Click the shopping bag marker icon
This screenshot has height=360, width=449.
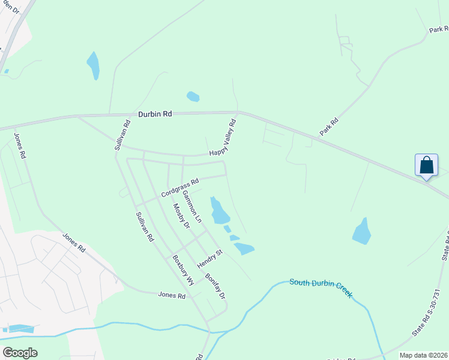(426, 165)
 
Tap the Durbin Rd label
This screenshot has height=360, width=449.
(155, 113)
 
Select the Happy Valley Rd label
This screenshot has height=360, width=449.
(223, 138)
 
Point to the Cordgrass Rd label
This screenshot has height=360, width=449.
(179, 188)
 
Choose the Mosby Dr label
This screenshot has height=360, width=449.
(181, 215)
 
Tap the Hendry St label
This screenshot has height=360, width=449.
(210, 259)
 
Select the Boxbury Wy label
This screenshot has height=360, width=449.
(183, 270)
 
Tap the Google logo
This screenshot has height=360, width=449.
(20, 353)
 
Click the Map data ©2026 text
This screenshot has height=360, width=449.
(423, 355)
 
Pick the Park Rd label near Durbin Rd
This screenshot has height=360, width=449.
(330, 126)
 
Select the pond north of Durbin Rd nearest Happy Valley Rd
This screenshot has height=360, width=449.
(193, 96)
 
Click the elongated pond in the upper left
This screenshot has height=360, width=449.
(93, 65)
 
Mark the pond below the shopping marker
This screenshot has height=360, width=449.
(361, 232)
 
